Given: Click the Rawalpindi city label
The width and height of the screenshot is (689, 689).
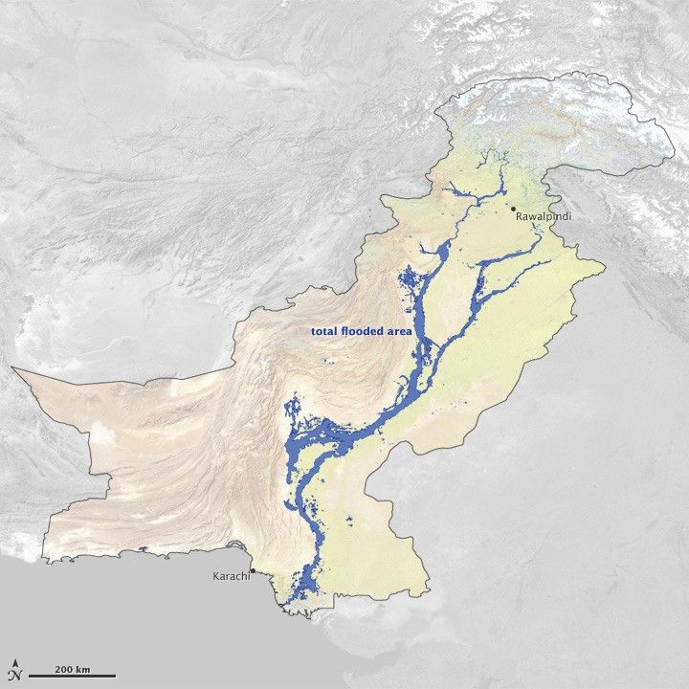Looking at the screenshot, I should pyautogui.click(x=545, y=217).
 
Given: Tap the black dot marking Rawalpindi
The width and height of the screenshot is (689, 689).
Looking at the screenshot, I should pyautogui.click(x=513, y=208).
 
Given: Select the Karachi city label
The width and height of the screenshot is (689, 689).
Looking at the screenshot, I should pyautogui.click(x=229, y=577).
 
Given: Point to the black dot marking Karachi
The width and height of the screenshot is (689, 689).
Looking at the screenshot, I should pyautogui.click(x=252, y=570).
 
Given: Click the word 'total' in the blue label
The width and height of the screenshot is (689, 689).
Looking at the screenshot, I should pyautogui.click(x=325, y=331).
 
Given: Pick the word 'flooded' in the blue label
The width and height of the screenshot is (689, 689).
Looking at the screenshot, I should pyautogui.click(x=365, y=331).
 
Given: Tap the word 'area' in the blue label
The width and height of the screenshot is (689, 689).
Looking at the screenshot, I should pyautogui.click(x=400, y=331).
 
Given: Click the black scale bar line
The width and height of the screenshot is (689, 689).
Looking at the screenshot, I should pyautogui.click(x=72, y=677).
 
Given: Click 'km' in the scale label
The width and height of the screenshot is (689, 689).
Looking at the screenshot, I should pyautogui.click(x=84, y=667).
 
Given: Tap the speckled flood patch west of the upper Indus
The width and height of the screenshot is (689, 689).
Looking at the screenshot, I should pyautogui.click(x=406, y=282).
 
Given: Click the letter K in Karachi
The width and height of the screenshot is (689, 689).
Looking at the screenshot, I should pyautogui.click(x=214, y=577).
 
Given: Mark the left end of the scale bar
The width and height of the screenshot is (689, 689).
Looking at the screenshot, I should pyautogui.click(x=30, y=677).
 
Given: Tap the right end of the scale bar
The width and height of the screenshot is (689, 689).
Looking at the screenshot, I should pyautogui.click(x=115, y=677).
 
